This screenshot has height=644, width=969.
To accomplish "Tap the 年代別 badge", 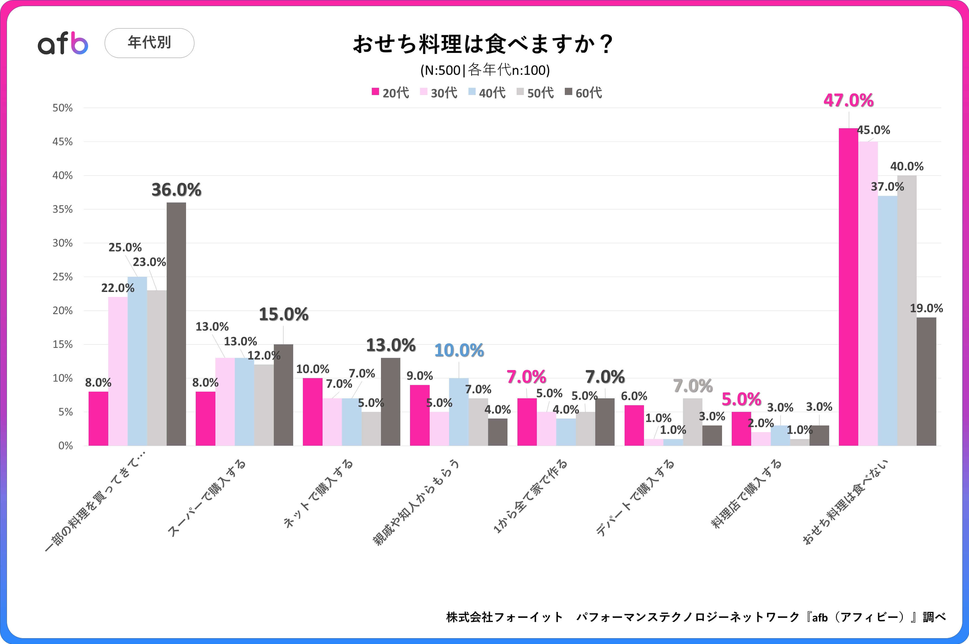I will click(150, 43).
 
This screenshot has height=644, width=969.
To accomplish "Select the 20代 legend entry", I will click(390, 93).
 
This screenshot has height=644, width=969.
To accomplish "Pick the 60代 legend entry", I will click(583, 93).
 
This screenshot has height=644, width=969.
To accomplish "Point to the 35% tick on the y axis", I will click(62, 209).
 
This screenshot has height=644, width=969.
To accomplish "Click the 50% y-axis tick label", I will click(62, 108).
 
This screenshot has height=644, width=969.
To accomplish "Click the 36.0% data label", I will click(176, 190).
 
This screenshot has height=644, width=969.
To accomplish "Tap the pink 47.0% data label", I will click(848, 101).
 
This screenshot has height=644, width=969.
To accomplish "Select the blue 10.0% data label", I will click(459, 350).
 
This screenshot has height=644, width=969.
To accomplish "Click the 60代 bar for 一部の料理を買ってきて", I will click(176, 324).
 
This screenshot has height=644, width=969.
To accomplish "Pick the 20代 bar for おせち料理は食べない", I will click(848, 288).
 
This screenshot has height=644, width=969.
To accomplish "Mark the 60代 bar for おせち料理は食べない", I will click(926, 382).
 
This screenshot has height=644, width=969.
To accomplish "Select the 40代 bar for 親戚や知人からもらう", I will click(459, 412).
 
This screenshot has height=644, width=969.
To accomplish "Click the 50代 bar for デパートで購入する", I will click(692, 422).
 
